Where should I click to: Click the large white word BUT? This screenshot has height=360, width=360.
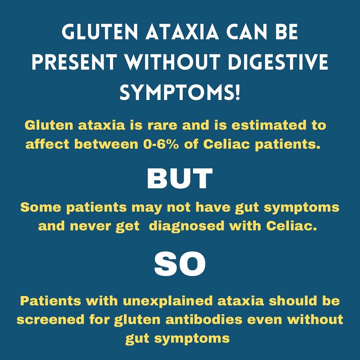pos(180,179)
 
